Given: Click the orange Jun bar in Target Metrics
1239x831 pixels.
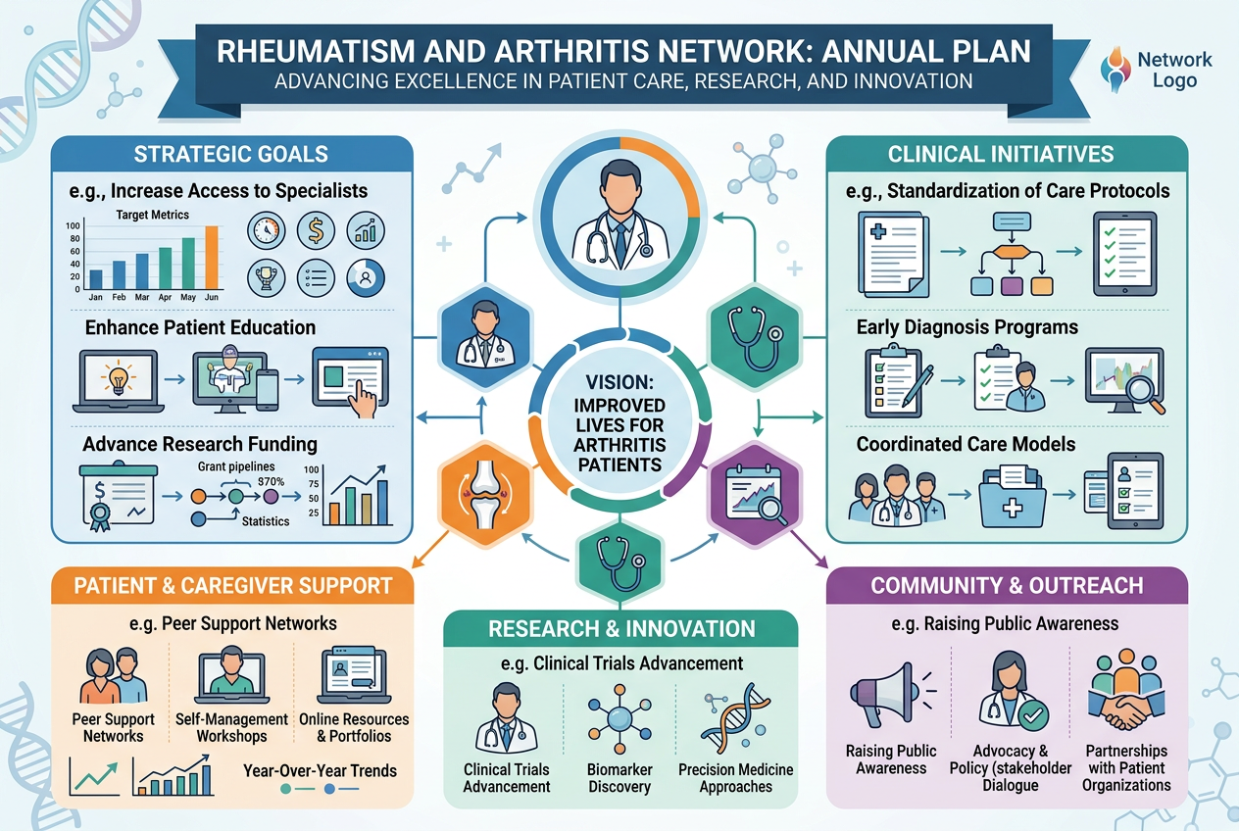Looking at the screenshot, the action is click(212, 257).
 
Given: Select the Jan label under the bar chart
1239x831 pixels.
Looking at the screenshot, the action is click(96, 297).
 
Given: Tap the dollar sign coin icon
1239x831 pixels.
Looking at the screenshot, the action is click(316, 230).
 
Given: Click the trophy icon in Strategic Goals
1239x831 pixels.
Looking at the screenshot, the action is click(267, 277).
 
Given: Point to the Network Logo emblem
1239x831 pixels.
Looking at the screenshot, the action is click(1115, 70).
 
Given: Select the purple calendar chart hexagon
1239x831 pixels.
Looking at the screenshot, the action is click(755, 494).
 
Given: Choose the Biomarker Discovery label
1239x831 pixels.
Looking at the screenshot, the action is click(619, 778).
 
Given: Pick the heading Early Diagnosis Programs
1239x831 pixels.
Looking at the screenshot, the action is click(966, 326).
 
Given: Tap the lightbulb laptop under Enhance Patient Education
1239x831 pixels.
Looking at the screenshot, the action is click(119, 381).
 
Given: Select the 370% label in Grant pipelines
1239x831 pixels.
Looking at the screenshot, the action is click(271, 481).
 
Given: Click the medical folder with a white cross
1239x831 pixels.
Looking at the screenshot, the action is click(1013, 498).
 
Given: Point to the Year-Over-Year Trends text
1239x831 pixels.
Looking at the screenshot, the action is click(320, 771).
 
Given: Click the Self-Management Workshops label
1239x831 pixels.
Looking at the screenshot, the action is click(231, 727).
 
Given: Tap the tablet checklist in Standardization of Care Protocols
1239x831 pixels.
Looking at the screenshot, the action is click(1125, 254).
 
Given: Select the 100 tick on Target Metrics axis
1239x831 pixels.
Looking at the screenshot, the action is click(73, 225).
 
